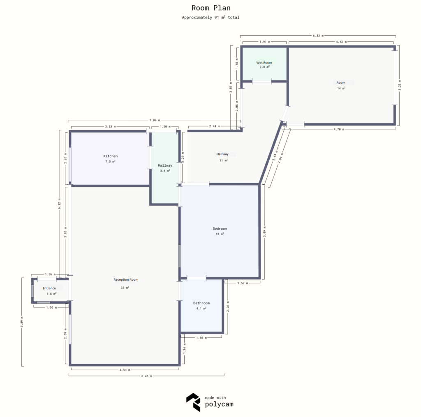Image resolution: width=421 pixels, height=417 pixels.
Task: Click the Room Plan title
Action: (x=210, y=8)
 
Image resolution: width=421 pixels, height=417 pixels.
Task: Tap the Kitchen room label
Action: (x=110, y=156)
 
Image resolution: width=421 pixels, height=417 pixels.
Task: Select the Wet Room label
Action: (x=264, y=63)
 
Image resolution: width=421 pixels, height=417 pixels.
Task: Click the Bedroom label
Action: (x=220, y=229)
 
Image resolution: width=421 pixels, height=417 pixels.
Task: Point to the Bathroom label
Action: (x=201, y=303)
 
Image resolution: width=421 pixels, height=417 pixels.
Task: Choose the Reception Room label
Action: (x=126, y=280)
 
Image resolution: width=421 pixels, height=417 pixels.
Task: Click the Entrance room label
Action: (x=49, y=288)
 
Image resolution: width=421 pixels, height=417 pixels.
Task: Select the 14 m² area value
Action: (x=341, y=88)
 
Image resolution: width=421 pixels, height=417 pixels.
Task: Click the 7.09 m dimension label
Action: (x=153, y=120)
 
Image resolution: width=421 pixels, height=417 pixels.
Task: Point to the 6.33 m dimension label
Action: (x=317, y=36)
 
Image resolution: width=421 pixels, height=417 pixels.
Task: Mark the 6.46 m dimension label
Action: (x=146, y=376)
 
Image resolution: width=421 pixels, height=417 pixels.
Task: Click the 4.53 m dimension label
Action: (x=124, y=369)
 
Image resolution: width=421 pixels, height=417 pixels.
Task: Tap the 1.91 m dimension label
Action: (x=264, y=42)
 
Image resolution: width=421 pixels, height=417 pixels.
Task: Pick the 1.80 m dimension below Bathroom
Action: (x=201, y=337)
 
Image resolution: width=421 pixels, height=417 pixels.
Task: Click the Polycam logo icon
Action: (x=193, y=402)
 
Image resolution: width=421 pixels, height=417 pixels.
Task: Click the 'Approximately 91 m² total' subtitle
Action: (x=210, y=18)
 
